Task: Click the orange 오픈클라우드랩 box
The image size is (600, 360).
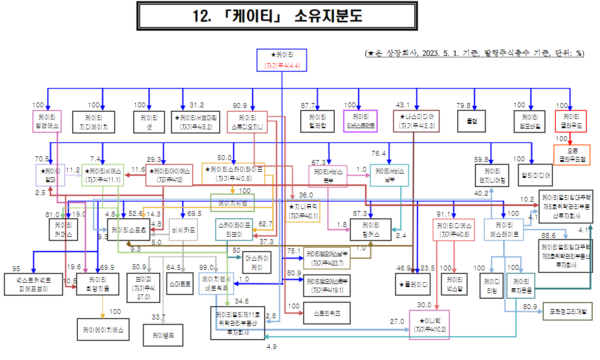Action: pyautogui.click(x=568, y=155)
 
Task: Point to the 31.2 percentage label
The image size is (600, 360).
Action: pyautogui.click(x=196, y=105)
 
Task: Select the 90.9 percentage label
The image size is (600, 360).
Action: pyautogui.click(x=241, y=105)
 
